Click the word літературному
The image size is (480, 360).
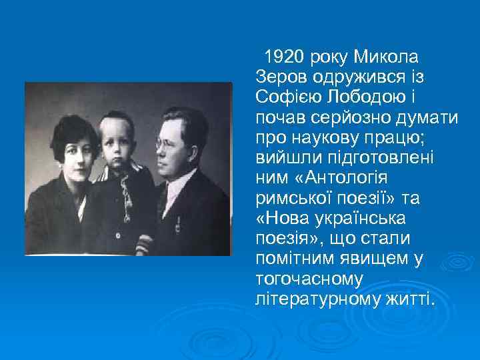click(x=317, y=299)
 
